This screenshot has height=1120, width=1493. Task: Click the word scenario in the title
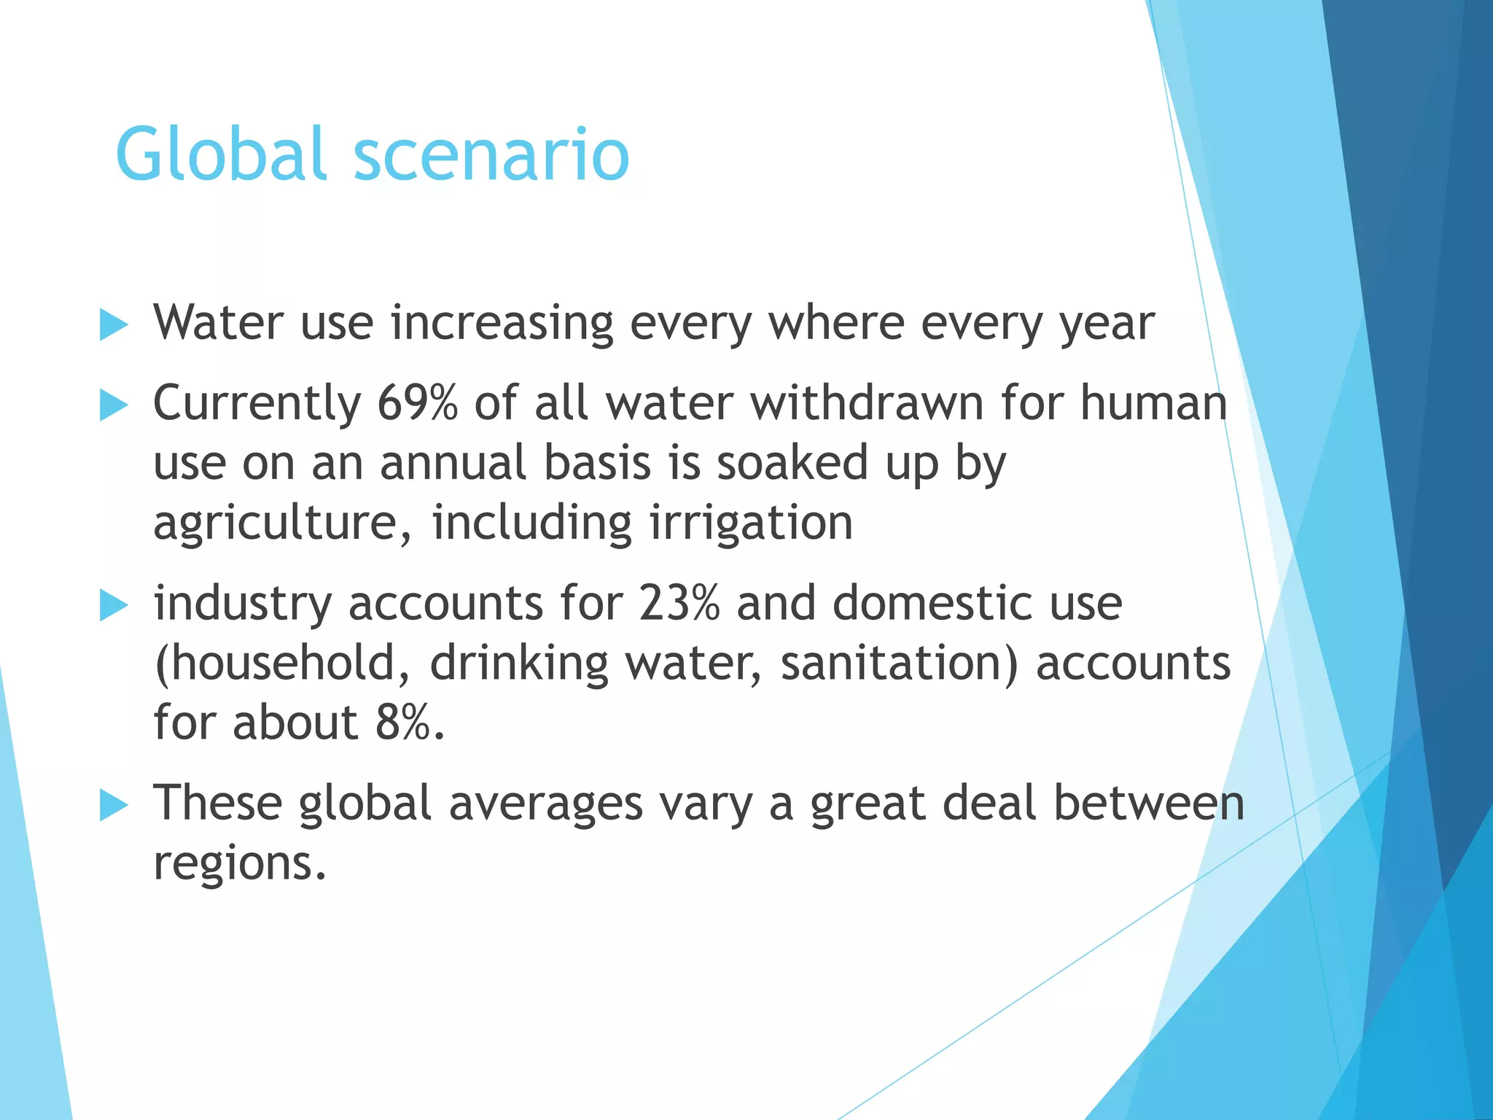point(491,155)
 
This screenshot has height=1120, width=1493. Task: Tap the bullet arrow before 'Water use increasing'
point(113,324)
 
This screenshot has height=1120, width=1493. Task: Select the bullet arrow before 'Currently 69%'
point(113,405)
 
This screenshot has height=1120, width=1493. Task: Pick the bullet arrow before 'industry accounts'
point(113,605)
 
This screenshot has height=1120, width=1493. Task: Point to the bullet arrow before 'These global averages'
point(113,805)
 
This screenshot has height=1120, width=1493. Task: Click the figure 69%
point(417,402)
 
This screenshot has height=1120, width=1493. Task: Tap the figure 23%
point(679,603)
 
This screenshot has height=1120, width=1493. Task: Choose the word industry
point(242,604)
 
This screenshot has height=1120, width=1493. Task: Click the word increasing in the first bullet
point(502,322)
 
